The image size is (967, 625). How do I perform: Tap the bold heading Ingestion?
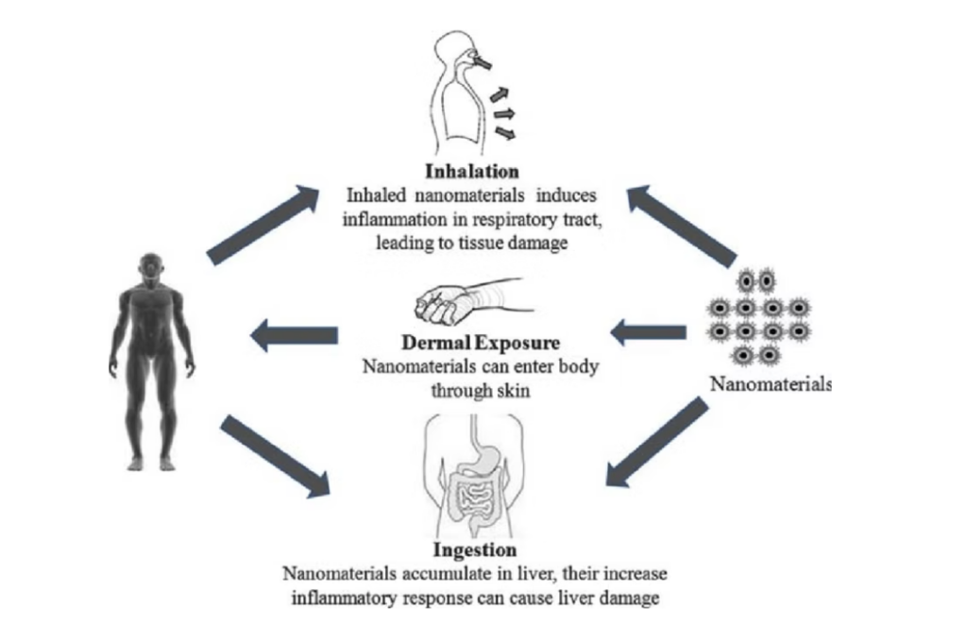pyautogui.click(x=474, y=549)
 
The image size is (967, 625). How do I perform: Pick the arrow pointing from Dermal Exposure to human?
pyautogui.click(x=294, y=334)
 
